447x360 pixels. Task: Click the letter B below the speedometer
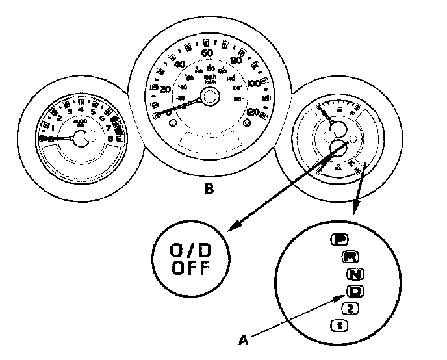click(x=209, y=190)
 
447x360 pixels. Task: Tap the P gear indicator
click(x=338, y=239)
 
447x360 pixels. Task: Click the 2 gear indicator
click(x=350, y=307)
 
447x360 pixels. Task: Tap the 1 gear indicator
click(x=338, y=324)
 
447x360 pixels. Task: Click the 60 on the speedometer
click(x=209, y=53)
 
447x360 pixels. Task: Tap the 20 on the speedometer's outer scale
click(x=165, y=88)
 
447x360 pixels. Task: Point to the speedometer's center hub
click(x=209, y=97)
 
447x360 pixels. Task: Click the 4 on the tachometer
click(x=80, y=110)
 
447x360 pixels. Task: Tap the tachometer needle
click(x=62, y=138)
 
